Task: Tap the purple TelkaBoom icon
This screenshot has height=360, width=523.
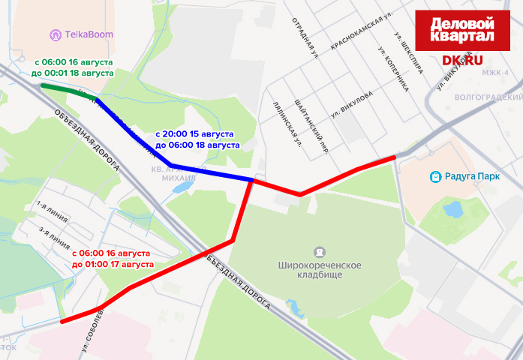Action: click(x=55, y=34)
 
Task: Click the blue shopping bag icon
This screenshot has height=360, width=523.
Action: click(x=434, y=177)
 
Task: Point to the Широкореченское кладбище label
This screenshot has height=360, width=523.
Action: click(x=320, y=271)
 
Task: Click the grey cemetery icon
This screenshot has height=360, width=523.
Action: click(x=320, y=252)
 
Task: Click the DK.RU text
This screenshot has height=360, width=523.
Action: click(x=462, y=59)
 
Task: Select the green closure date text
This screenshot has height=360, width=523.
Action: click(x=73, y=67)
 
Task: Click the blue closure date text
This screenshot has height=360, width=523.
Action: click(x=197, y=139)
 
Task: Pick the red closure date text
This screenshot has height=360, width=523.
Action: click(x=112, y=259)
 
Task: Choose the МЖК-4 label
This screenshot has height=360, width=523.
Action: click(x=495, y=72)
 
